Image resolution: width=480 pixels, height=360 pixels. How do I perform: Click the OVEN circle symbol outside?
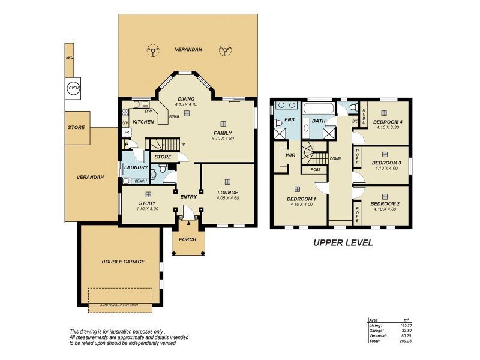coord(73,88)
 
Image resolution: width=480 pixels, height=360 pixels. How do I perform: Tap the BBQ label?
coord(69,58)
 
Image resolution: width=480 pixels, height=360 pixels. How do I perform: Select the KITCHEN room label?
coord(143,122)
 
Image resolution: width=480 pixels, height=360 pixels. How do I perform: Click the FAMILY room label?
coord(223,133)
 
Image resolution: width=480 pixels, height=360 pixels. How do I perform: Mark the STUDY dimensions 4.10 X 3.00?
coord(147,209)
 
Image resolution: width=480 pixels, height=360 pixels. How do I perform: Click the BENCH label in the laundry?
coord(140,181)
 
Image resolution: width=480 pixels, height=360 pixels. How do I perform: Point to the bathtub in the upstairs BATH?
coord(316,109)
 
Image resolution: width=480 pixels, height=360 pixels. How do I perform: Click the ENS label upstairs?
coord(290,120)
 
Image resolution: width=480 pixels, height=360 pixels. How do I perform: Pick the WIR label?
coord(291,155)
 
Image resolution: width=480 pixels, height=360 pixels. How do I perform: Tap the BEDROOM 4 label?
coord(387,122)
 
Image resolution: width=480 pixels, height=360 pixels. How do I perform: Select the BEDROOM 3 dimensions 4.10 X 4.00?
coord(387,168)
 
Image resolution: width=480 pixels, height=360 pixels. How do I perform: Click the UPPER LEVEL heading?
coord(343,243)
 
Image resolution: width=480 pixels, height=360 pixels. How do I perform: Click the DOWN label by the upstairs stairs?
coord(335,159)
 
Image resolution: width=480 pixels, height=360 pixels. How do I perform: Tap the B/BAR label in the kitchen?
coord(175,116)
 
